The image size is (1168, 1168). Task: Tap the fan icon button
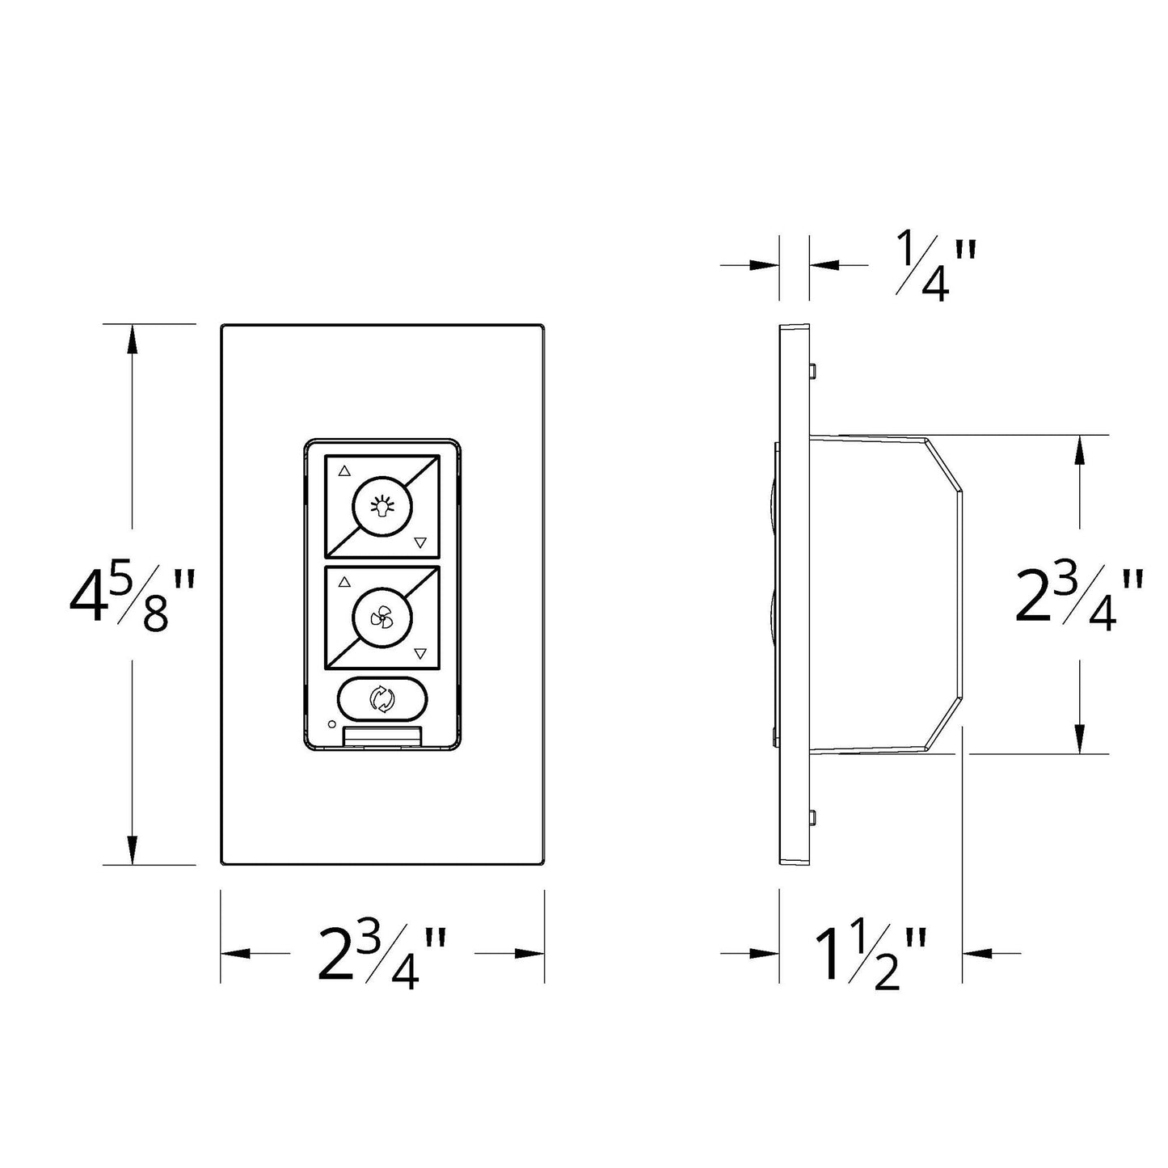point(382,618)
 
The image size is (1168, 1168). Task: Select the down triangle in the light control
point(419,542)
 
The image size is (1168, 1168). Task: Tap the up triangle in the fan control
point(345,581)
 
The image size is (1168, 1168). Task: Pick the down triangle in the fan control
point(419,653)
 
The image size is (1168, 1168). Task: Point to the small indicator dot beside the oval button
point(331,723)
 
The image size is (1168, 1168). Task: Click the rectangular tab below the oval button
point(382,736)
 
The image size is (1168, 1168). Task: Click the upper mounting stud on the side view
point(812,370)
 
